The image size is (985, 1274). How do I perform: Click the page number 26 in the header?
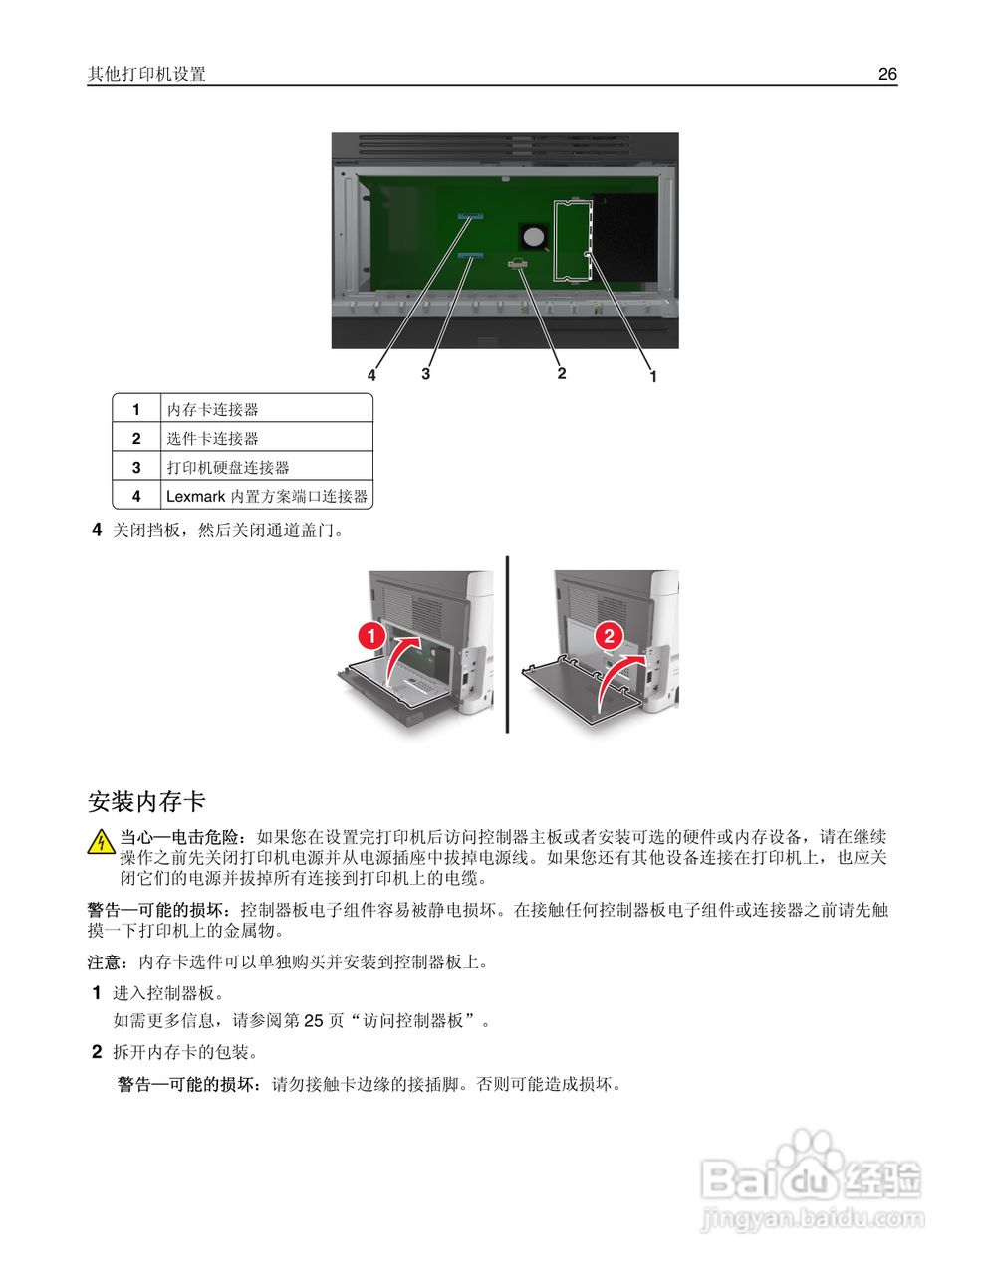887,74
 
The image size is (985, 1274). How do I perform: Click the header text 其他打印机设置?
146,74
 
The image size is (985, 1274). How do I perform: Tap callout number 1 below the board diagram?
653,377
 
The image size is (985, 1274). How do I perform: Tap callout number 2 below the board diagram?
562,373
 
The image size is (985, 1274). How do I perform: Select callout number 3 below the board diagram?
426,374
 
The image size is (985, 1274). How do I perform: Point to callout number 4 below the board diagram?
371,375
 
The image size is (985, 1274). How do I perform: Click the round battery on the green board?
535,236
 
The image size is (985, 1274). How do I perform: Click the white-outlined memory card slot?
573,240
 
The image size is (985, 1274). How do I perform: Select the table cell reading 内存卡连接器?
212,409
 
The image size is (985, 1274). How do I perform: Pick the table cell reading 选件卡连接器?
212,438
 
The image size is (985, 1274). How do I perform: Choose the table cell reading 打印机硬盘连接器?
227,467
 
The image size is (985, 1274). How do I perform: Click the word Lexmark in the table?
195,496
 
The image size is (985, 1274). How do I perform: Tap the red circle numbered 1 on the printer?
370,635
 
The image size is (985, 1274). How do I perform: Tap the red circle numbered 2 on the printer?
608,635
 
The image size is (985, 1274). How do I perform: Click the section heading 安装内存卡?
146,801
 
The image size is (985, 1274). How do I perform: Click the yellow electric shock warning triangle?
101,843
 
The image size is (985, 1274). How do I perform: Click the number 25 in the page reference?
314,1021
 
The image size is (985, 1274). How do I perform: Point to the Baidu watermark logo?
812,1179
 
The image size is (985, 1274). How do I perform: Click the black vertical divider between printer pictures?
508,644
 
